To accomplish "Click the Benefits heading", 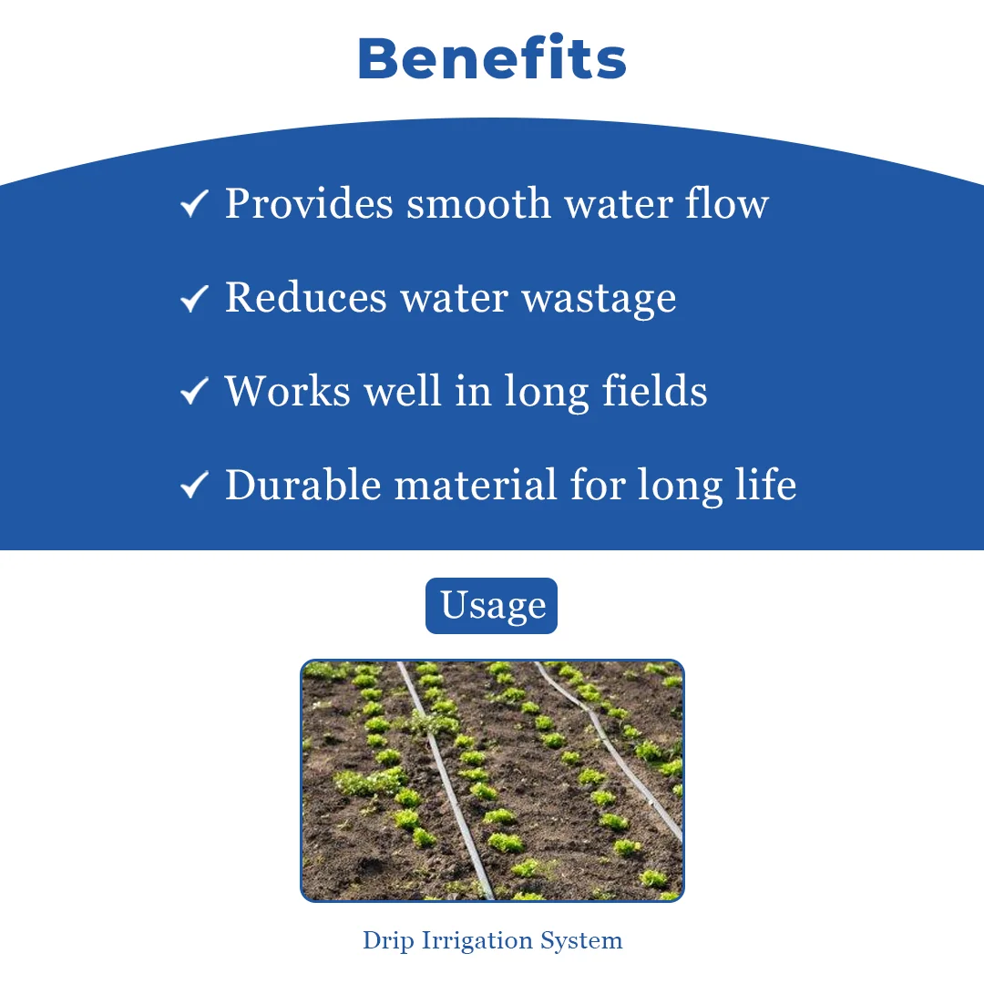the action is tap(492, 58).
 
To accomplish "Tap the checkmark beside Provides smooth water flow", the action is tap(194, 203).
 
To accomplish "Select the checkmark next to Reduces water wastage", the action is tap(194, 297).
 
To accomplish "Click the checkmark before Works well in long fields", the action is tap(194, 391).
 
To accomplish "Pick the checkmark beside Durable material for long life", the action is tap(194, 485).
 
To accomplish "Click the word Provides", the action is tap(310, 203).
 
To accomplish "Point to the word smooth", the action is tap(479, 203).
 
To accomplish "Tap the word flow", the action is tap(727, 203).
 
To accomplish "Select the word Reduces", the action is tap(306, 297).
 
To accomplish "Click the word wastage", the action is tap(600, 300).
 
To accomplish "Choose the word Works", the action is tap(288, 391).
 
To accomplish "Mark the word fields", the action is tap(654, 390).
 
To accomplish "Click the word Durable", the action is tap(303, 485).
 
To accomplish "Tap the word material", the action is tap(476, 485).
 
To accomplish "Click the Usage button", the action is tap(491, 606).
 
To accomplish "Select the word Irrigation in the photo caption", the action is tap(477, 940).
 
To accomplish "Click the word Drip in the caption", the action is tap(388, 940).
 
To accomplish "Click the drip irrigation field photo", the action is tap(492, 781).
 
